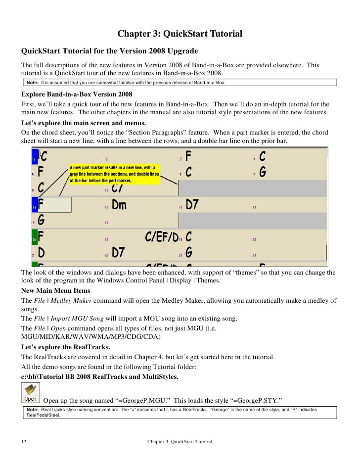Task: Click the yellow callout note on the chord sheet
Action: coord(114,174)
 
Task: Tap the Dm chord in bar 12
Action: coord(119,204)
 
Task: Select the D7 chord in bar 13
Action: coord(192,204)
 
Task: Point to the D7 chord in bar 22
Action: coord(118,253)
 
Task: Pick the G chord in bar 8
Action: coord(263,173)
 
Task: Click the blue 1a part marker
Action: coord(34,157)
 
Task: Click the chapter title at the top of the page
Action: coord(180,34)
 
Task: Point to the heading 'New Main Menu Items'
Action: coord(55,291)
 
